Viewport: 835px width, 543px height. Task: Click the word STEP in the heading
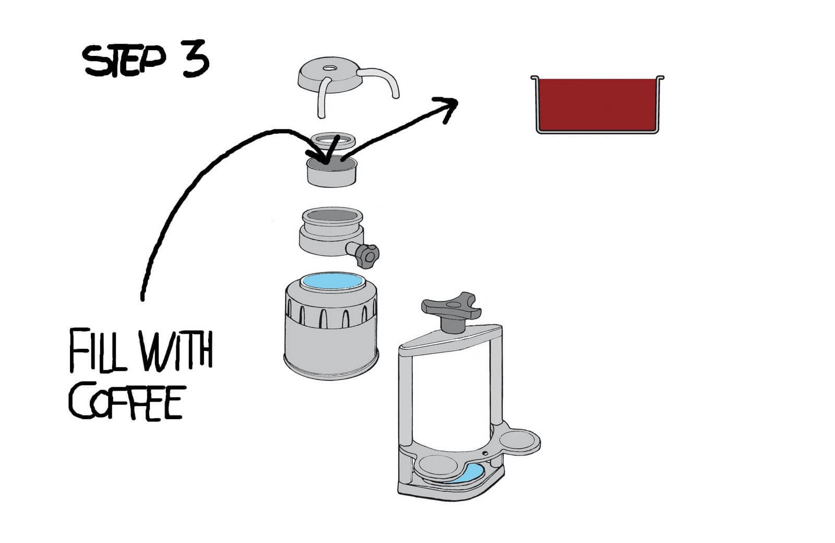(124, 61)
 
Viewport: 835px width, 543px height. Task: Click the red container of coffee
(597, 104)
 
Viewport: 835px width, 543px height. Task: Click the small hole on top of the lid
(330, 68)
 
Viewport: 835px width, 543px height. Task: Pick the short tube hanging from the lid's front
(321, 98)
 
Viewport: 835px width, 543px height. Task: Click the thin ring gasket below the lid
(332, 140)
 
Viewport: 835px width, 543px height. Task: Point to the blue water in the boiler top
(332, 281)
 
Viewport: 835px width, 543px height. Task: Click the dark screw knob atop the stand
(451, 310)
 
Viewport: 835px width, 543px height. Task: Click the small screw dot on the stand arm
(485, 454)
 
